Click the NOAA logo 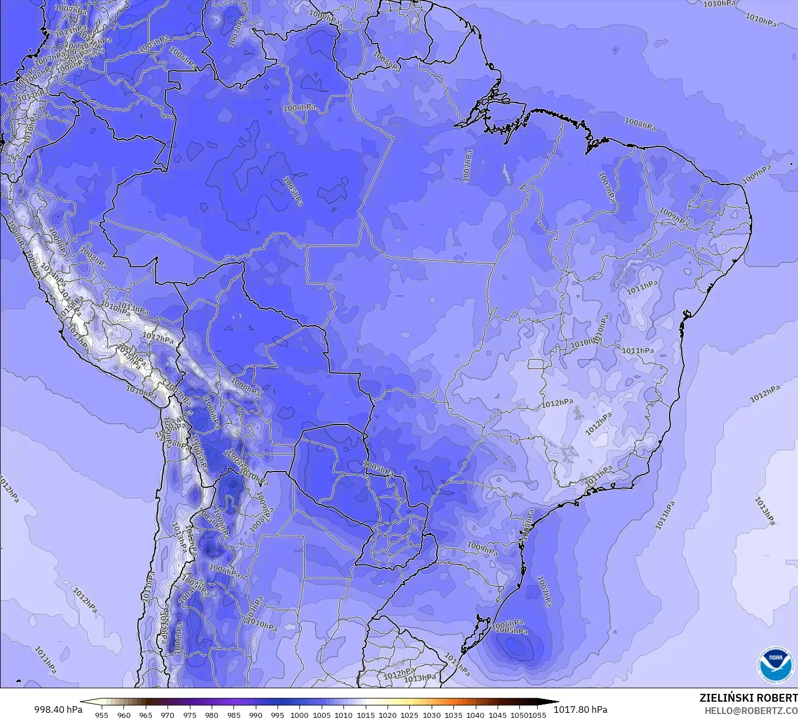776,664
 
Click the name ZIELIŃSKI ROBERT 748,698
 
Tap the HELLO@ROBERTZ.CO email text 751,711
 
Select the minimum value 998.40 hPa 58,710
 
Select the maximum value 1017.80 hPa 580,710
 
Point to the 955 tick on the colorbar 102,715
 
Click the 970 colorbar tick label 168,715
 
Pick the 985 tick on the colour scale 233,715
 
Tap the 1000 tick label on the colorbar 299,715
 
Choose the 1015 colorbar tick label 365,715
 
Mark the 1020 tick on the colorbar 387,715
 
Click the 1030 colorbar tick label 431,715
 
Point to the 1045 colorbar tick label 497,715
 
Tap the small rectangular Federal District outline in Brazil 536,364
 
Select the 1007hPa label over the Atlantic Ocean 544,591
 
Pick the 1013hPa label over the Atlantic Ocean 764,511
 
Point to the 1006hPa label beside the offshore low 507,623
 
